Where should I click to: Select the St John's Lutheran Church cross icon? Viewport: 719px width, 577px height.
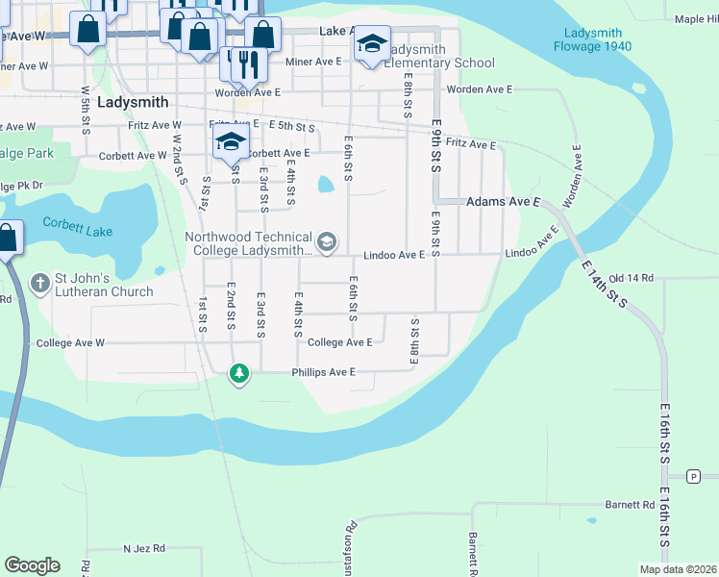pyautogui.click(x=39, y=283)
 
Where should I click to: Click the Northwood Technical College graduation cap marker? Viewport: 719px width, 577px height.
pyautogui.click(x=326, y=242)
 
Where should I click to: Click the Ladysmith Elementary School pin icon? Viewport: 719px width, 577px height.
pyautogui.click(x=372, y=45)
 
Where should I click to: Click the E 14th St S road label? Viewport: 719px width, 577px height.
pyautogui.click(x=602, y=282)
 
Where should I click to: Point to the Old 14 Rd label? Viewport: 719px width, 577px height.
pyautogui.click(x=631, y=278)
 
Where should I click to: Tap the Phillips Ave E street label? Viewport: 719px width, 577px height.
pyautogui.click(x=324, y=372)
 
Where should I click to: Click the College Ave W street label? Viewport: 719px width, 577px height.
pyautogui.click(x=69, y=342)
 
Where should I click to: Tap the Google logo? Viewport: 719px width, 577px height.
pyautogui.click(x=32, y=565)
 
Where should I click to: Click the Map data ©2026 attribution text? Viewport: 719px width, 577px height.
pyautogui.click(x=677, y=569)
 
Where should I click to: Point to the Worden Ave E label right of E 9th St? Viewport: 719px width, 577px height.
pyautogui.click(x=479, y=89)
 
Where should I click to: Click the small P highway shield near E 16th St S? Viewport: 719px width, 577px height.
pyautogui.click(x=694, y=476)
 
